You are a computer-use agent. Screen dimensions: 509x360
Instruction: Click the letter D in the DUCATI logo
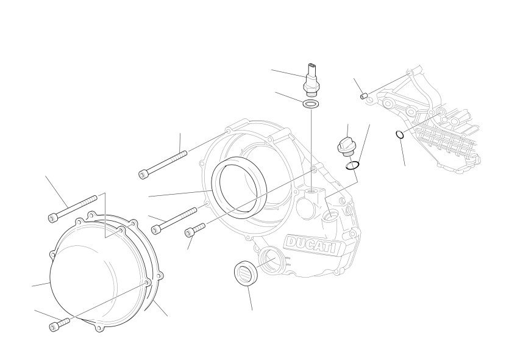click(x=291, y=242)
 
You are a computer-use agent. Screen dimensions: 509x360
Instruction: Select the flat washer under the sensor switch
click(x=311, y=104)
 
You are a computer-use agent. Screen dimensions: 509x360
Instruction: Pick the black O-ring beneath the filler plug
click(x=352, y=165)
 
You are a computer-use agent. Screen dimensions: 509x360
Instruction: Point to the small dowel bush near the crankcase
click(x=364, y=96)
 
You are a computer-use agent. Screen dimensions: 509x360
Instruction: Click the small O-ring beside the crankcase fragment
click(x=400, y=134)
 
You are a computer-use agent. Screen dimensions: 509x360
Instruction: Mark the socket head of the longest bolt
click(x=143, y=174)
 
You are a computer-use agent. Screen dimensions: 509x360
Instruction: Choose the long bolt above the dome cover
click(x=73, y=209)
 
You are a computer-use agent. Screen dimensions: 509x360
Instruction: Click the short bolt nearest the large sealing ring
click(x=195, y=229)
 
